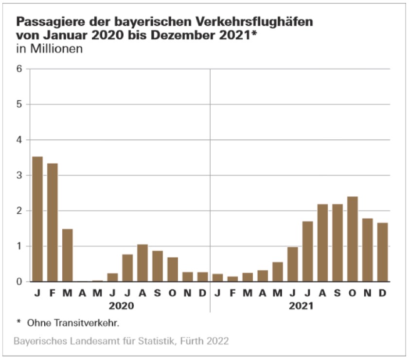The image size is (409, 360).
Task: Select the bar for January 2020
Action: pyautogui.click(x=37, y=219)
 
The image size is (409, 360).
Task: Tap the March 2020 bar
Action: pyautogui.click(x=68, y=255)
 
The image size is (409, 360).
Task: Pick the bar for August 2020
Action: pyautogui.click(x=142, y=263)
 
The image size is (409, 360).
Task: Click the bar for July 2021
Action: pyautogui.click(x=307, y=251)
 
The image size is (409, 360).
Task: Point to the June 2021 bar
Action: pyautogui.click(x=292, y=264)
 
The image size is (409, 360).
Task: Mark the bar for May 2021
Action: pyautogui.click(x=277, y=272)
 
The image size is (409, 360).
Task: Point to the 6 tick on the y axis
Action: pyautogui.click(x=19, y=69)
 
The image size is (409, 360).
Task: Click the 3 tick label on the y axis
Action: pyautogui.click(x=19, y=175)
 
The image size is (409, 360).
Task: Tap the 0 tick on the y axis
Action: pyautogui.click(x=19, y=282)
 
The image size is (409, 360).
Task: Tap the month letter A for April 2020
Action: pyautogui.click(x=82, y=293)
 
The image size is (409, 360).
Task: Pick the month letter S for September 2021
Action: pyautogui.click(x=337, y=293)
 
